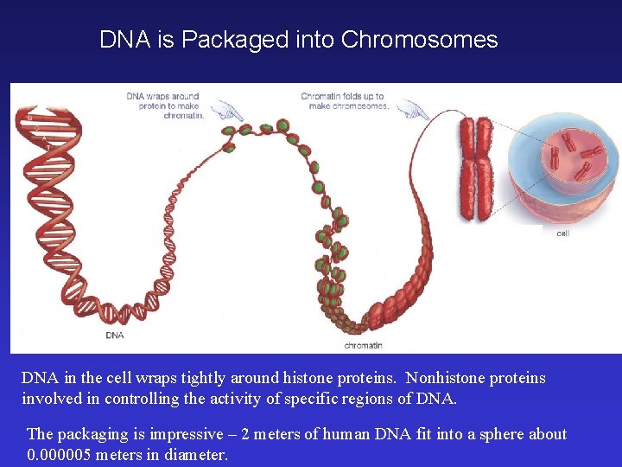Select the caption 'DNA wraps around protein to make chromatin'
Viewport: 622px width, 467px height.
pos(163,106)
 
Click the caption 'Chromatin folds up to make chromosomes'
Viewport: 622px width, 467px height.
pos(345,101)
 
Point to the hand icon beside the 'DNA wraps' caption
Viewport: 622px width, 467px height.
pos(227,111)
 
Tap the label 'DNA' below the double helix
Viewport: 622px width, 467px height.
pos(114,335)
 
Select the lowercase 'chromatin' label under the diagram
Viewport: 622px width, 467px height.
pos(363,345)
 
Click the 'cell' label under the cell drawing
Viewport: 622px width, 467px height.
pos(562,233)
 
